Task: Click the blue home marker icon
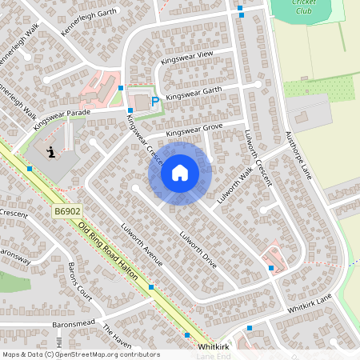[x=180, y=172]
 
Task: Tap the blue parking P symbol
[x=154, y=102]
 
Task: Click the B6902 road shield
[x=67, y=211]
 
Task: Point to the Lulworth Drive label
[x=198, y=249]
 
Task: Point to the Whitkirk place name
[x=214, y=348]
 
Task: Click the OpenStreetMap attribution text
[x=80, y=354]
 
